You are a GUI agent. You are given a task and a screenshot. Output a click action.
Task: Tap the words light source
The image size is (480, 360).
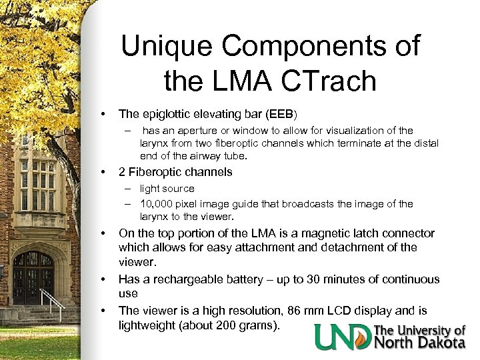click(167, 189)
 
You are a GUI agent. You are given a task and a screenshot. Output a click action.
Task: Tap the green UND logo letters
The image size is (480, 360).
click(343, 337)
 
